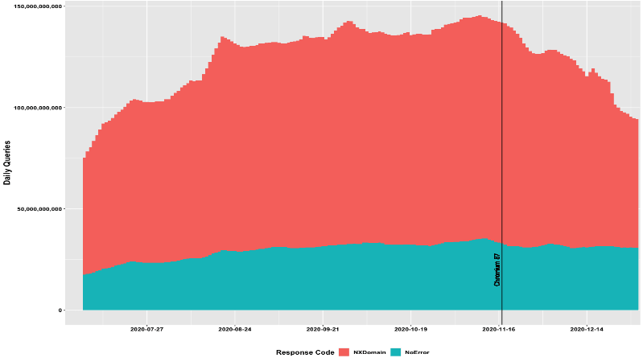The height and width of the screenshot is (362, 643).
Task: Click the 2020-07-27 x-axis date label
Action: tap(146, 328)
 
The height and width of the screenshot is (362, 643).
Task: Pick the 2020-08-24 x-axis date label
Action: tap(235, 328)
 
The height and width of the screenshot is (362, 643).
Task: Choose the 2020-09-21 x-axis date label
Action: tap(324, 328)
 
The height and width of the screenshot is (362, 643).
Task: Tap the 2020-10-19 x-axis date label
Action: tap(412, 328)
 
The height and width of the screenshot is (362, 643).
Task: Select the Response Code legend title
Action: tap(305, 352)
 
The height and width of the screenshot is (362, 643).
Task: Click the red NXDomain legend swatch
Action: tap(344, 352)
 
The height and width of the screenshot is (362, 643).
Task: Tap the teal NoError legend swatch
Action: tap(395, 352)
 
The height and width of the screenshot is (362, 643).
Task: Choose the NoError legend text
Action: tap(417, 352)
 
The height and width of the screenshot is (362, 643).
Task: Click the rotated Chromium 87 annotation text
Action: tap(497, 269)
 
